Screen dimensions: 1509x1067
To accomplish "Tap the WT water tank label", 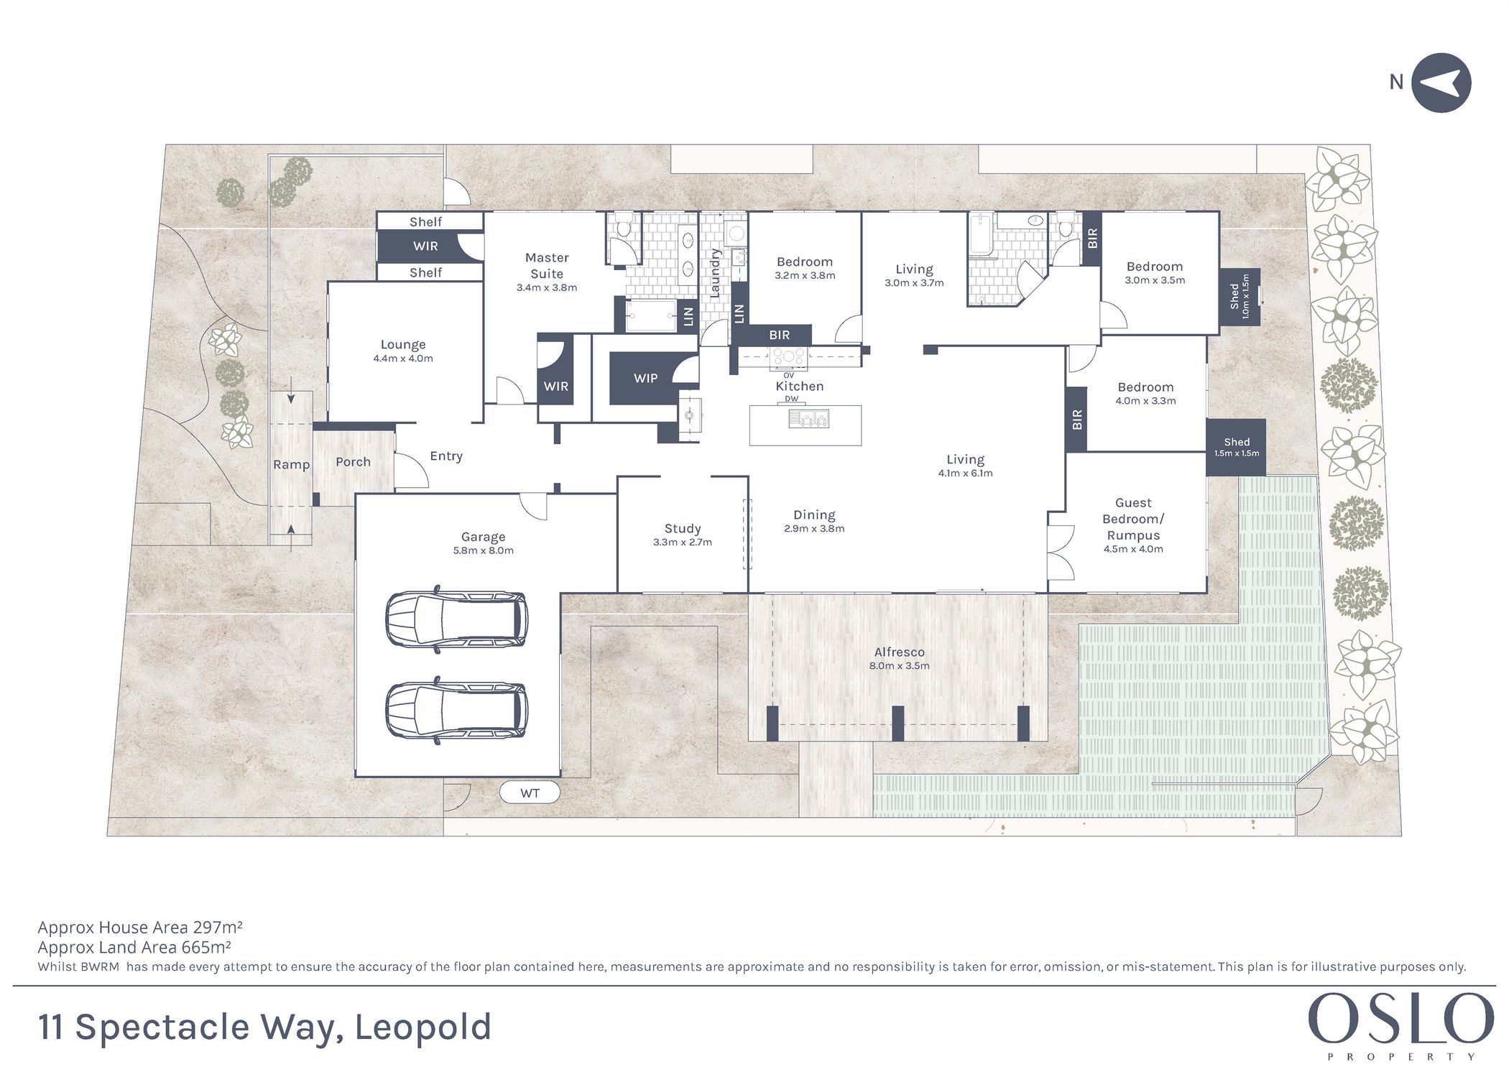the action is coord(530,793).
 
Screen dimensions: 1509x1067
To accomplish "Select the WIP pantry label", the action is coord(645,378).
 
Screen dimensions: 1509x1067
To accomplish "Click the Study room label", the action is coord(683,529).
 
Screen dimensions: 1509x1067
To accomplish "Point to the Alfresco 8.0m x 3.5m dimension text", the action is coord(900,666).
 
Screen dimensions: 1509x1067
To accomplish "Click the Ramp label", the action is coord(291,465).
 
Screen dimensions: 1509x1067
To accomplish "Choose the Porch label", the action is coord(353,462).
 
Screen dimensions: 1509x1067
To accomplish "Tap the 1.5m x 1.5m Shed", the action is coord(1236,447).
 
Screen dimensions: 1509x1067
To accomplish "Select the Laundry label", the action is coord(715,273).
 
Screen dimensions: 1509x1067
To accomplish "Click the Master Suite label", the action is coord(547,265).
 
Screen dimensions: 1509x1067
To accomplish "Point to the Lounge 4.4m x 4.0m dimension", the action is coord(403,359).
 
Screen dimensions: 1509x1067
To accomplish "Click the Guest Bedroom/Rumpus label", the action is coord(1133,519).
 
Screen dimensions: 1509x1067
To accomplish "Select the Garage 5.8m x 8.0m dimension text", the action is coord(483,551).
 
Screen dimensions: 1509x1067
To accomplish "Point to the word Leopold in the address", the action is coord(423,1027).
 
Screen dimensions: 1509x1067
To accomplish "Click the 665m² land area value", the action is coord(209,947).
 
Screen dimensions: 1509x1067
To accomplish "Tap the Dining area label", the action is coord(814,515).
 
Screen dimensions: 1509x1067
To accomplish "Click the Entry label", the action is coord(446,456).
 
